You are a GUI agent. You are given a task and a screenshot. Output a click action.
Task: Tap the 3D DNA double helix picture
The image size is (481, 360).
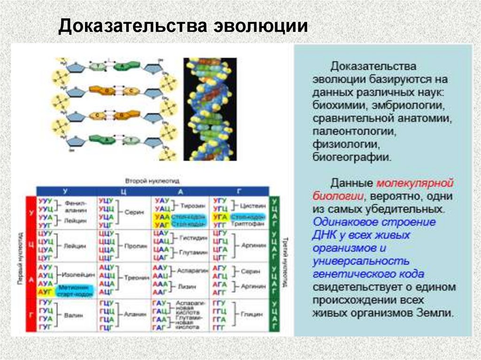[209, 109]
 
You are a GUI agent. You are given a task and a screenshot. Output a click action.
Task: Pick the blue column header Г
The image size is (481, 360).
[239, 191]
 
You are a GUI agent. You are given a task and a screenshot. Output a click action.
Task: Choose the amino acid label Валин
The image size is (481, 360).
[73, 315]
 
